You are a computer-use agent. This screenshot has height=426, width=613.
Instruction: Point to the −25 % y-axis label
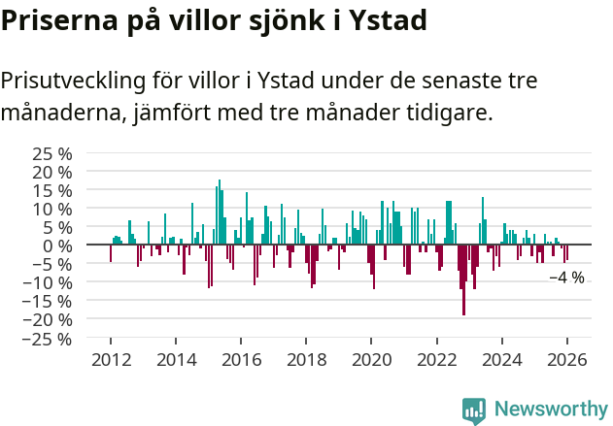[x=49, y=339]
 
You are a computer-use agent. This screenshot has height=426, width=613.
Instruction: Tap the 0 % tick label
[x=57, y=246]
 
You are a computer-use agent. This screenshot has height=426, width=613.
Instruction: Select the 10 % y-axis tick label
[x=52, y=209]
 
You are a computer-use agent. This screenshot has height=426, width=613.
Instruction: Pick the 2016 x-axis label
[x=241, y=360]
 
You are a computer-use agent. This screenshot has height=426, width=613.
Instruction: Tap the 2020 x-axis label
[x=371, y=360]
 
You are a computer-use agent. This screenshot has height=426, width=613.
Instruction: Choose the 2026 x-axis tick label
[x=566, y=360]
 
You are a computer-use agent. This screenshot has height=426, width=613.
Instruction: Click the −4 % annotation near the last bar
[x=566, y=278]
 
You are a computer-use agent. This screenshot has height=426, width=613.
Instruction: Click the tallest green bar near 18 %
[x=220, y=209]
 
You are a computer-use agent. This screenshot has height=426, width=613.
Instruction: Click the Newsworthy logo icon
[x=474, y=410]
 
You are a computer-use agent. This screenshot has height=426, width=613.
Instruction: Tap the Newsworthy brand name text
[x=550, y=410]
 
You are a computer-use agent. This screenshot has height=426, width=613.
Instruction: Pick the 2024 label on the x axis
[x=501, y=360]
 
